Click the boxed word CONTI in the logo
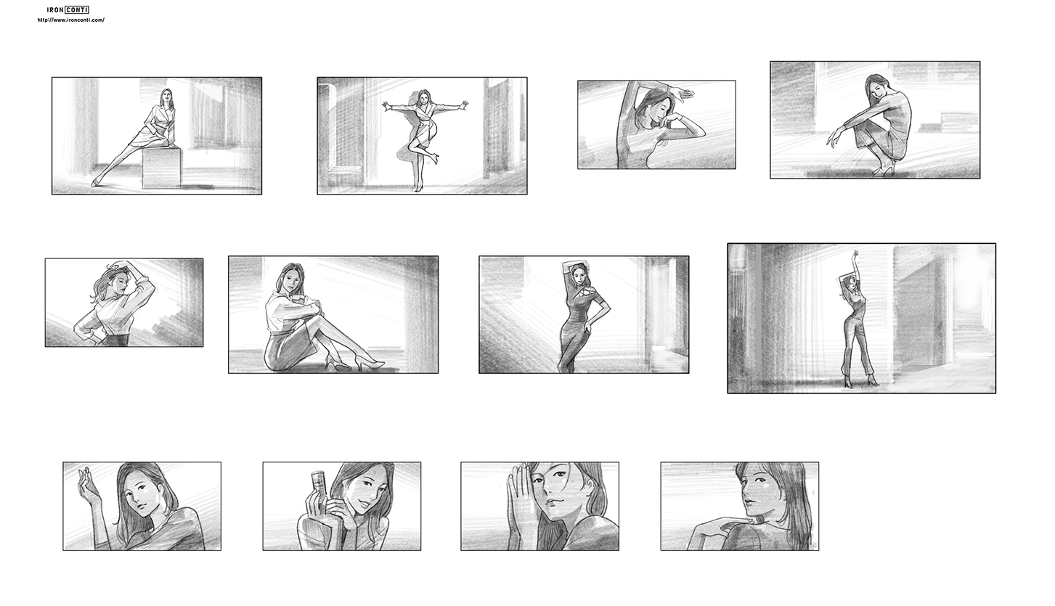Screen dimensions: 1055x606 [77, 10]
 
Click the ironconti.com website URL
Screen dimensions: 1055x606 [71, 20]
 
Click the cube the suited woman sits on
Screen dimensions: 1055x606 [161, 168]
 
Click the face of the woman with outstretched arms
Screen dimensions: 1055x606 [424, 98]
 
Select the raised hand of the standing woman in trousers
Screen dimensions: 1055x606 [855, 255]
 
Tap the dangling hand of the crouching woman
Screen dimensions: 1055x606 [832, 136]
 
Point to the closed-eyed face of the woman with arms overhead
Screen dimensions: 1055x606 [652, 113]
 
